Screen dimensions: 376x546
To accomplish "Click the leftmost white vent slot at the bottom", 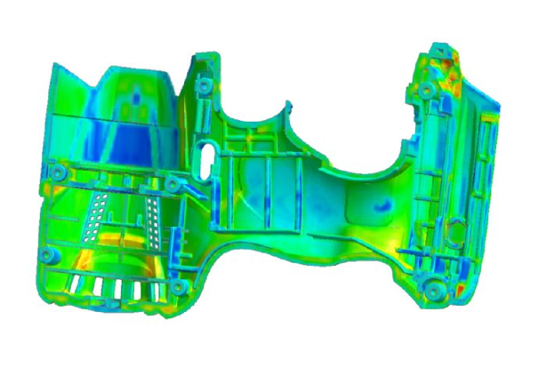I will point(76,286).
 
